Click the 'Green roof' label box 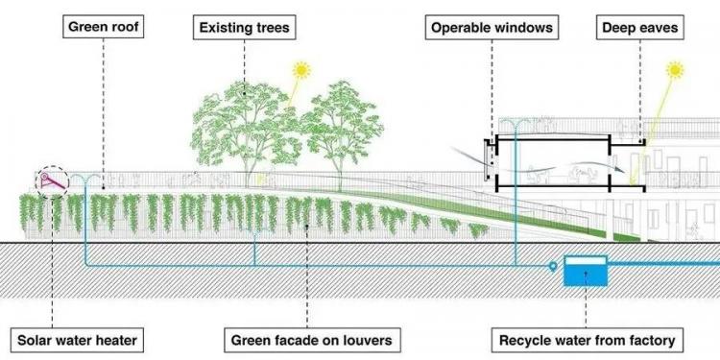[x=104, y=27]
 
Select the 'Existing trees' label [x=244, y=28]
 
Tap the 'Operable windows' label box [x=492, y=28]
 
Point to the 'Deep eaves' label [x=639, y=28]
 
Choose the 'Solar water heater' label [x=77, y=340]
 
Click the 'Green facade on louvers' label [x=312, y=340]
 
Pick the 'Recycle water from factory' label [x=587, y=340]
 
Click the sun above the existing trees [x=301, y=70]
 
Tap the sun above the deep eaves [x=675, y=70]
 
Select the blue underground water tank [x=586, y=271]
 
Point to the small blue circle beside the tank [x=553, y=265]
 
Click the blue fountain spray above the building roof [x=515, y=123]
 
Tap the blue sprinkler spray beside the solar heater [x=85, y=178]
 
